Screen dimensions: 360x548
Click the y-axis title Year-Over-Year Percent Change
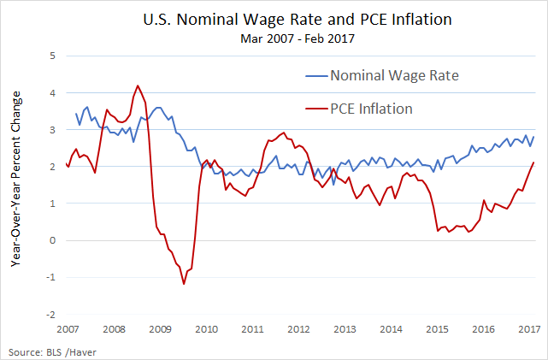click(x=15, y=180)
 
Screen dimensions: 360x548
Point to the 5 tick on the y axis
click(x=53, y=56)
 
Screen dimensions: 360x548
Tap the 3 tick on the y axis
click(x=53, y=130)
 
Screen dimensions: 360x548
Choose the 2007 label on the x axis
click(x=68, y=329)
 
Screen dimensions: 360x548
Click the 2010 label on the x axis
click(x=206, y=329)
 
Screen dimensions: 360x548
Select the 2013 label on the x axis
click(x=344, y=329)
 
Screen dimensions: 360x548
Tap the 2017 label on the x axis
click(x=527, y=329)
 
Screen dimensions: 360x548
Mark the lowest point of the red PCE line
click(x=184, y=284)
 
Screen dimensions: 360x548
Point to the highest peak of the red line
click(x=138, y=86)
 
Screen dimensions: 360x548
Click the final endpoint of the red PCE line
click(x=534, y=162)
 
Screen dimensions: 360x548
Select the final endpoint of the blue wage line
click(x=534, y=137)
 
